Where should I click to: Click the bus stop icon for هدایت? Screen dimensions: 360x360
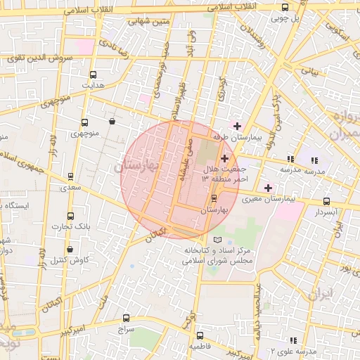(94, 75)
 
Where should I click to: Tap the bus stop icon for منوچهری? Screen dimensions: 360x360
(85, 122)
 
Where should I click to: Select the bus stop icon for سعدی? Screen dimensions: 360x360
(70, 177)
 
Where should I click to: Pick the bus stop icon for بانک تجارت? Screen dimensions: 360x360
(70, 216)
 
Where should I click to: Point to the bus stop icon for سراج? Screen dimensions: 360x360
(126, 318)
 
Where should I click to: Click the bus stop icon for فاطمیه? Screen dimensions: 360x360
(200, 336)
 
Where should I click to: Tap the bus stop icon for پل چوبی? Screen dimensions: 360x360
(285, 8)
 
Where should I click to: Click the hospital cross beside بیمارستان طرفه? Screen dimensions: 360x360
(236, 125)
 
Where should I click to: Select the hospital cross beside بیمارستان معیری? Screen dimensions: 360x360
(267, 188)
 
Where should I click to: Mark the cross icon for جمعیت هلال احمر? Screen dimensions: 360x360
(224, 159)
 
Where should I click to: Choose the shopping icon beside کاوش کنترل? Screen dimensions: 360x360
(70, 249)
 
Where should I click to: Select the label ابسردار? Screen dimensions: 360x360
(326, 211)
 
